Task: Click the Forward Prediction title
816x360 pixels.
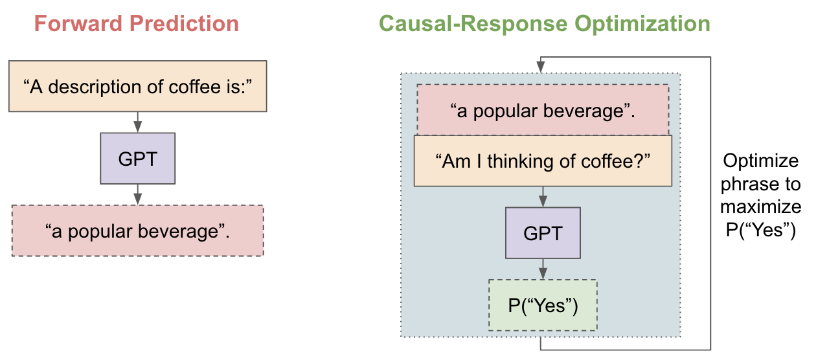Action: pyautogui.click(x=137, y=24)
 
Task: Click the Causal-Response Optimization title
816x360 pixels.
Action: pyautogui.click(x=544, y=24)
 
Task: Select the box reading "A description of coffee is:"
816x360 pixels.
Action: pyautogui.click(x=137, y=86)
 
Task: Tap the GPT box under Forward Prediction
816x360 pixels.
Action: pyautogui.click(x=137, y=159)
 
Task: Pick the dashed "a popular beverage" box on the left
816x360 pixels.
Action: pyautogui.click(x=137, y=231)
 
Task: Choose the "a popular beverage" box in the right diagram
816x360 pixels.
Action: pyautogui.click(x=543, y=110)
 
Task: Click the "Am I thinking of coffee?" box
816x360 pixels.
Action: pyautogui.click(x=543, y=161)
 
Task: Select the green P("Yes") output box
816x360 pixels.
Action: pyautogui.click(x=543, y=305)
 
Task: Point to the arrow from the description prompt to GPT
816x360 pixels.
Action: pyautogui.click(x=137, y=121)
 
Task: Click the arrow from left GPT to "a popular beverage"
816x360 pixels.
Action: pyautogui.click(x=137, y=194)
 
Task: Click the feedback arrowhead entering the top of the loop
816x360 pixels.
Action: pyautogui.click(x=540, y=67)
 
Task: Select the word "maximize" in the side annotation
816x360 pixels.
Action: pyautogui.click(x=760, y=207)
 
